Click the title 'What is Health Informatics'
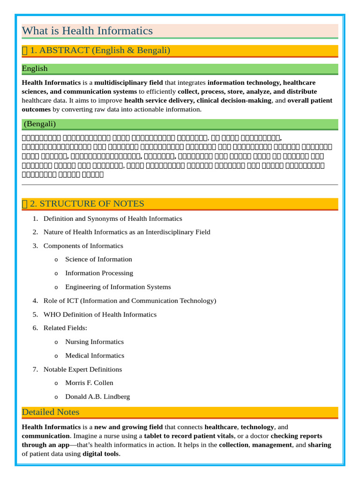(87, 31)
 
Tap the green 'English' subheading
(35, 68)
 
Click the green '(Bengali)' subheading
(39, 124)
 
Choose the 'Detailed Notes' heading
(51, 412)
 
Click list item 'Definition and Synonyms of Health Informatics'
(112, 218)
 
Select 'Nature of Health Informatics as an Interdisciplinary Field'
(127, 232)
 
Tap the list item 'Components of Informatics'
(83, 246)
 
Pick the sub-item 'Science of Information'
(98, 259)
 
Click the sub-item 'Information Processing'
(99, 273)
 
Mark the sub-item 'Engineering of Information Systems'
(118, 287)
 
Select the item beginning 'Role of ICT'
(129, 300)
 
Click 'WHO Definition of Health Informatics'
(100, 315)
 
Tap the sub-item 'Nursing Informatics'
(94, 342)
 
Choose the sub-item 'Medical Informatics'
(95, 355)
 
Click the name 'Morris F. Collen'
(89, 383)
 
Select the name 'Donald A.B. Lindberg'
(97, 397)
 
